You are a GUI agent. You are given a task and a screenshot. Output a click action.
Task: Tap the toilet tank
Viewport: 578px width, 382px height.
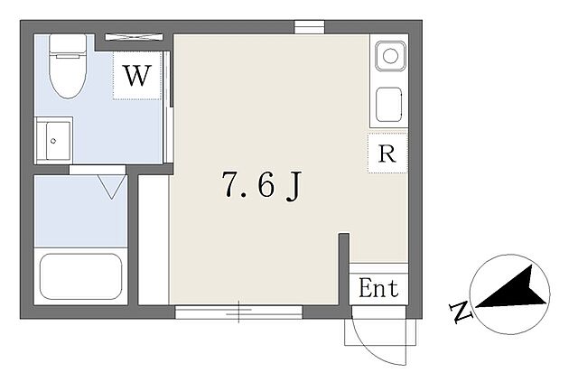coord(68,43)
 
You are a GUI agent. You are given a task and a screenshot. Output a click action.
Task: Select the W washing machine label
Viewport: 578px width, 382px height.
coord(137,76)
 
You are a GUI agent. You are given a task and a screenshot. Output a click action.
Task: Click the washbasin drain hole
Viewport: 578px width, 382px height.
coord(53,141)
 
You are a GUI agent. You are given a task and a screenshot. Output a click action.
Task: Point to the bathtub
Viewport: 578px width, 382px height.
coord(80,276)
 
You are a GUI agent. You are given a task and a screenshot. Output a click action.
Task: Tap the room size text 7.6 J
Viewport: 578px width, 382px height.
coord(262,185)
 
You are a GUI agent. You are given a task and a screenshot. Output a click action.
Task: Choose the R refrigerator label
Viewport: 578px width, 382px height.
coord(387,154)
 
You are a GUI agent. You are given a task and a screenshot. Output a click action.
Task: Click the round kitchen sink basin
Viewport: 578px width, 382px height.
coord(390,56)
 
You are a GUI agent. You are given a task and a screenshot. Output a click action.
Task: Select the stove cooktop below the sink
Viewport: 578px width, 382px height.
coord(388,105)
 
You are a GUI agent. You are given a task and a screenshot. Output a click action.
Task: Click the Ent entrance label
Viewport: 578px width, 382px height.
coord(378,288)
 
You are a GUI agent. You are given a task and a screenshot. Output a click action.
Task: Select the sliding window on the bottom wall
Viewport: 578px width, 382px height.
coord(238,312)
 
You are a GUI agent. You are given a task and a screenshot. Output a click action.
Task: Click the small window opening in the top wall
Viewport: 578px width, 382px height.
coord(309,27)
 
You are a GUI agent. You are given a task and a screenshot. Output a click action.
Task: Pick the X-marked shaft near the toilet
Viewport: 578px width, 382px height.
coord(134,37)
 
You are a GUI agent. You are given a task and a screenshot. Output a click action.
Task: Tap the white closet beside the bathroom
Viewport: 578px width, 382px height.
coord(154,240)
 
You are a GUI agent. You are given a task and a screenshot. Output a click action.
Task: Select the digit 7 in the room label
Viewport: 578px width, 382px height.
coord(230,184)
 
